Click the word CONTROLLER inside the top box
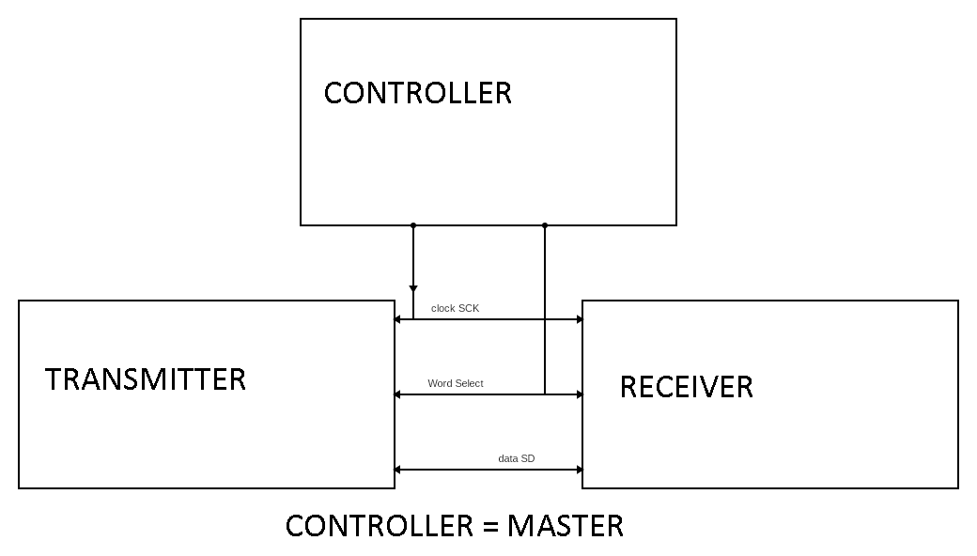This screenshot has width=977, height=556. click(417, 93)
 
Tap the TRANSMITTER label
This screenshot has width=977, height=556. click(146, 379)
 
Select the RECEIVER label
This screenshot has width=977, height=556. click(686, 387)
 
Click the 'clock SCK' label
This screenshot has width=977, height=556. click(455, 309)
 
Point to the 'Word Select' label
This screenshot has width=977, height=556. click(456, 383)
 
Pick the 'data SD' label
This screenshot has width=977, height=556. click(517, 458)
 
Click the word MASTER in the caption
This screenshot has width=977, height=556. click(565, 526)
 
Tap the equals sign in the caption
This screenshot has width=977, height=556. click(490, 527)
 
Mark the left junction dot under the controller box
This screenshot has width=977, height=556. click(413, 225)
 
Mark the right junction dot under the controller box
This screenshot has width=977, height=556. click(545, 225)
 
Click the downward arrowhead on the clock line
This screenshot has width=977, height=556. click(413, 289)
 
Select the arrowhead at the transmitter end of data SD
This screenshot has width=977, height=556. click(398, 470)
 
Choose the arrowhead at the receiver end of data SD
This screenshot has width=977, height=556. click(579, 470)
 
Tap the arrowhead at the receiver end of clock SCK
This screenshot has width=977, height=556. click(579, 319)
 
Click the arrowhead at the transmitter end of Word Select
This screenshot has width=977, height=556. click(398, 394)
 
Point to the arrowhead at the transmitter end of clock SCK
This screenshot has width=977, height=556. click(398, 319)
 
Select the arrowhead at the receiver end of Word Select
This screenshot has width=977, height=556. click(579, 394)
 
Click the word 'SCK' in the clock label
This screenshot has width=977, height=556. click(468, 309)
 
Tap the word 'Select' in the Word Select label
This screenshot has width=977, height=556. click(469, 383)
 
